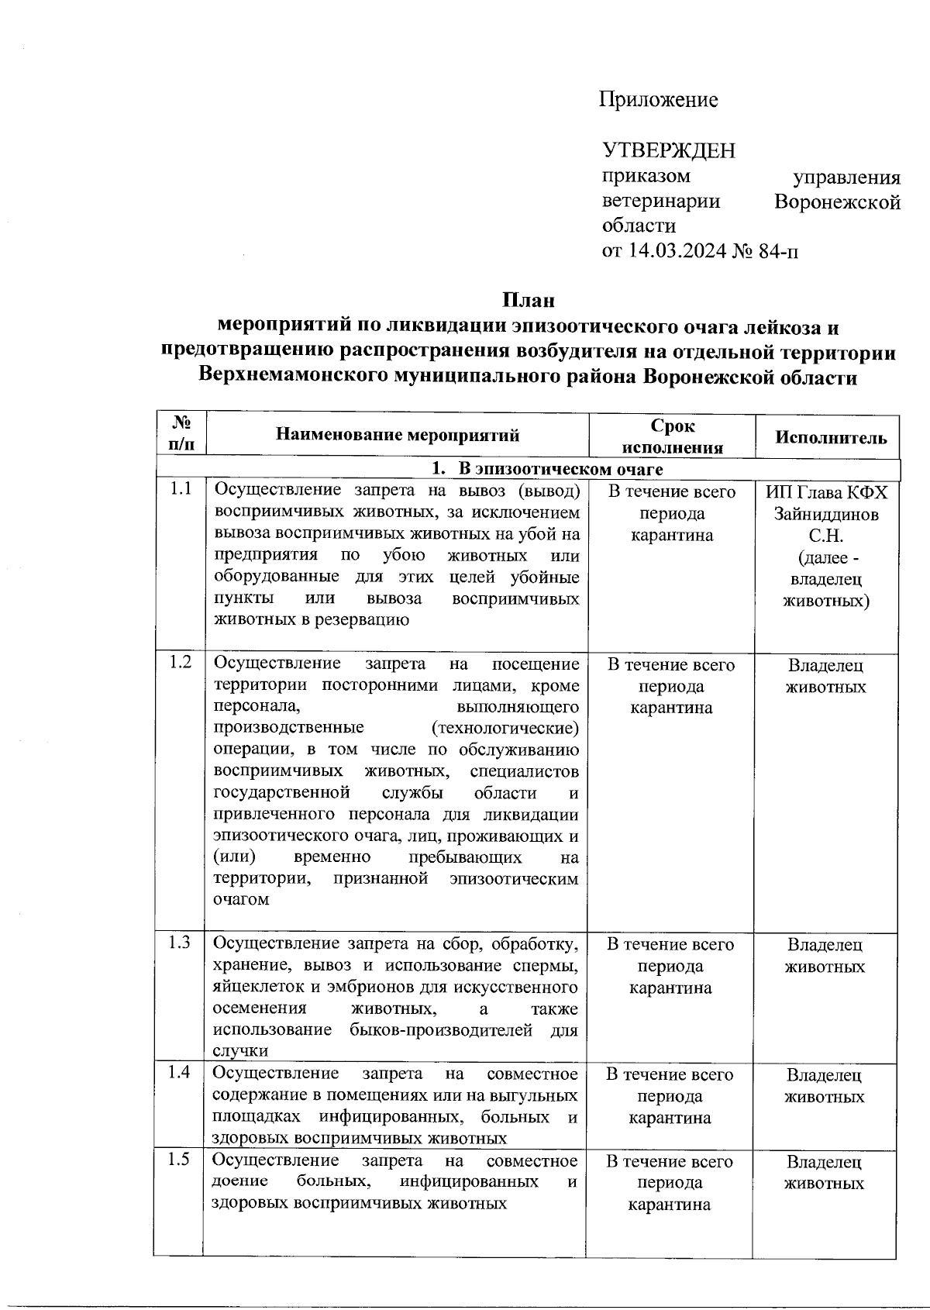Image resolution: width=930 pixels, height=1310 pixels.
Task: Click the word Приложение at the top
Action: (659, 100)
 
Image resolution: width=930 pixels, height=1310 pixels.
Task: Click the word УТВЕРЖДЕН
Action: (669, 150)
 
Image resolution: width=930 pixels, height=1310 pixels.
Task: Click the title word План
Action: (528, 299)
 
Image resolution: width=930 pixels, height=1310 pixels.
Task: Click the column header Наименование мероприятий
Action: (398, 436)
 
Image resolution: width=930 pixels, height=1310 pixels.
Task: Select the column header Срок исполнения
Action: (673, 436)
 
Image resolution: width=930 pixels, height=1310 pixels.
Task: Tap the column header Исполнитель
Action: (832, 437)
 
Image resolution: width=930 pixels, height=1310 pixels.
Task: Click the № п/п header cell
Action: (181, 434)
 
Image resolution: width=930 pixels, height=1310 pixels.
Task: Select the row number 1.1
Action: (181, 490)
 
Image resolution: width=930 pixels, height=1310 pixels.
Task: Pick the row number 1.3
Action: (180, 943)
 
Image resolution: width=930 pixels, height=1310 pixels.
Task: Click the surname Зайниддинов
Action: (826, 515)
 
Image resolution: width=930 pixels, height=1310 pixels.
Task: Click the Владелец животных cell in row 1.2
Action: (826, 676)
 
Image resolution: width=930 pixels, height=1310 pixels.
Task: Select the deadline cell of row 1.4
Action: (670, 1096)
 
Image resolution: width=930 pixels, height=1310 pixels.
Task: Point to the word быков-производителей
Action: (441, 1030)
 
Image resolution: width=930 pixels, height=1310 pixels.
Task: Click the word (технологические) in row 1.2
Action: (505, 729)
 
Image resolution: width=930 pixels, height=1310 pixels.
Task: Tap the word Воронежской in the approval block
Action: (838, 203)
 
